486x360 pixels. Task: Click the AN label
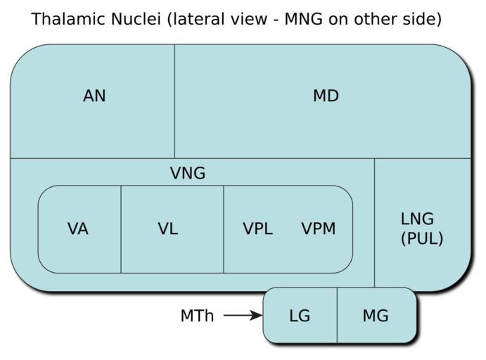click(x=94, y=96)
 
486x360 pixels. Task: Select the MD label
click(x=326, y=96)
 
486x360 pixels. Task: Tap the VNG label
click(x=188, y=173)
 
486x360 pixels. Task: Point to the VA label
click(x=78, y=229)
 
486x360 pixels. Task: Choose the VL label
click(x=168, y=229)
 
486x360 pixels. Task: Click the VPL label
click(x=257, y=229)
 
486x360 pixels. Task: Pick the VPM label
click(x=319, y=229)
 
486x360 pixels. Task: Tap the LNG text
click(x=417, y=219)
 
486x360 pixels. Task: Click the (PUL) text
click(x=422, y=238)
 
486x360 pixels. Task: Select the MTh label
click(x=197, y=316)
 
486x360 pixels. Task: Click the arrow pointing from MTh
click(x=242, y=316)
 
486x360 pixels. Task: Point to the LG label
click(x=300, y=316)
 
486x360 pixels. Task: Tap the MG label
click(x=375, y=316)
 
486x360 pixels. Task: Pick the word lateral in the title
click(x=196, y=19)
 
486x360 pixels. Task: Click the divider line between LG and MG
click(x=337, y=315)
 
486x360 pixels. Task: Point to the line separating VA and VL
click(x=121, y=229)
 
